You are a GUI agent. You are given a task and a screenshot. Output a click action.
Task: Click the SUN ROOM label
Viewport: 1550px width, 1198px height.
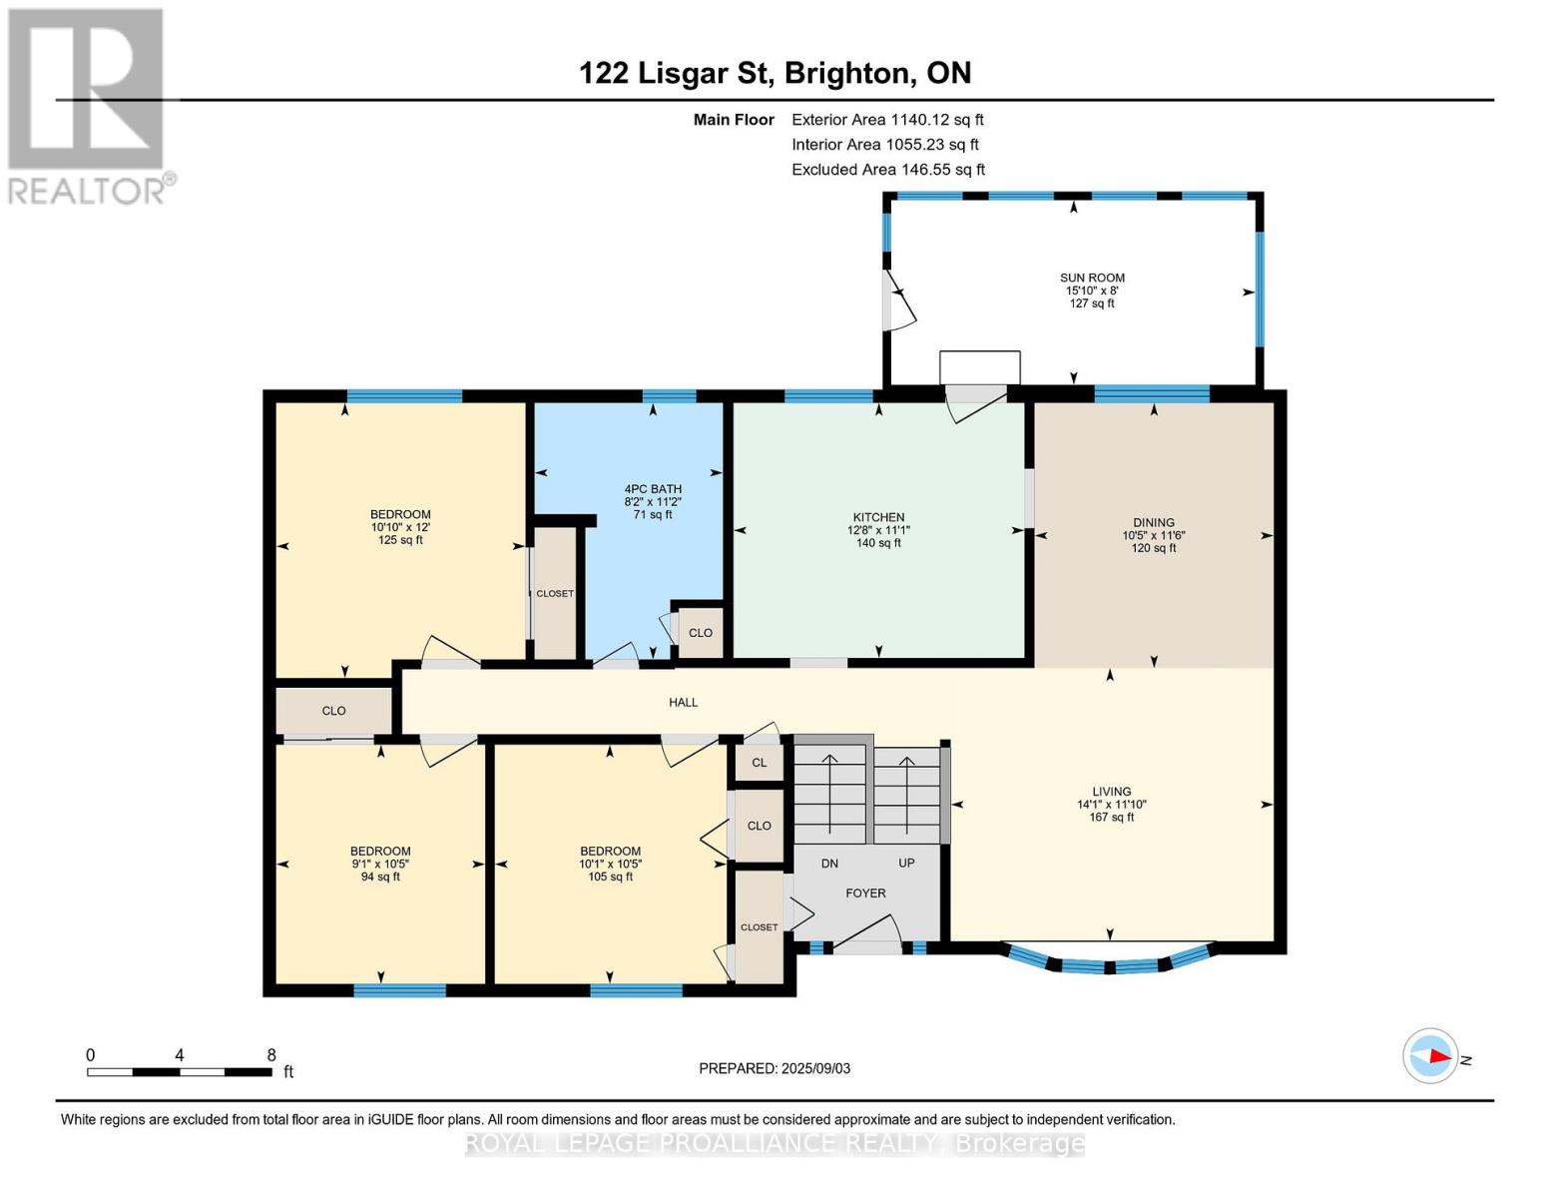point(1092,279)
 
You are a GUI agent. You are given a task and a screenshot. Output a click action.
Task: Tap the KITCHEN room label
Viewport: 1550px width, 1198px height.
point(878,517)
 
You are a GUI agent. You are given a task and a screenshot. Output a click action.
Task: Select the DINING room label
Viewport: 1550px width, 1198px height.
point(1153,522)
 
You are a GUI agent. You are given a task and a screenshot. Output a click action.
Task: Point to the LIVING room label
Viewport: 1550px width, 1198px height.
point(1111,791)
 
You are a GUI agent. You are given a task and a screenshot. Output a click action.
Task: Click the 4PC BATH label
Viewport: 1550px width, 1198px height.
point(653,489)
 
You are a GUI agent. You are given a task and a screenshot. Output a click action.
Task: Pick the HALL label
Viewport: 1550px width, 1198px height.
point(683,703)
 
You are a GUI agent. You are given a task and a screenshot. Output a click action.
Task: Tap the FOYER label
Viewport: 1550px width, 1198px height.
point(865,894)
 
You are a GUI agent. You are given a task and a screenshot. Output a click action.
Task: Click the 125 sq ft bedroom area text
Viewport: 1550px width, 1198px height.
point(400,540)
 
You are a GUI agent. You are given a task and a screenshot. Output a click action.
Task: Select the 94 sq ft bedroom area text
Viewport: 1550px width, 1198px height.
point(380,878)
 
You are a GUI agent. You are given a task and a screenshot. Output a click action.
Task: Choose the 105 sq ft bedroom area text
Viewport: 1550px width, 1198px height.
point(610,878)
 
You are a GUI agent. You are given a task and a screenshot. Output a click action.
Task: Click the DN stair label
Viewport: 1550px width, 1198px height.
point(829,864)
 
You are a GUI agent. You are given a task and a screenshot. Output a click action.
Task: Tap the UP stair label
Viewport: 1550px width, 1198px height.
point(906,864)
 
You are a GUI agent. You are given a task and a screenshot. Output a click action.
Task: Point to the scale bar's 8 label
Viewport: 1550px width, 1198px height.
point(271,1055)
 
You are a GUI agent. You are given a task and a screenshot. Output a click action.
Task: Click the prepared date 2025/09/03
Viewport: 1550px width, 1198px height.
point(815,1068)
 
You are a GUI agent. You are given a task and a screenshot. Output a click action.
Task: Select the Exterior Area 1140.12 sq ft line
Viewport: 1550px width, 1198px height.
point(887,120)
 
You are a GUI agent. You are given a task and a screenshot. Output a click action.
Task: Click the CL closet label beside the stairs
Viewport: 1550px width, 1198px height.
point(760,763)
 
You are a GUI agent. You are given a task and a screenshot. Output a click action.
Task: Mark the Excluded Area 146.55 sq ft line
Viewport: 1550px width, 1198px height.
point(888,170)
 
